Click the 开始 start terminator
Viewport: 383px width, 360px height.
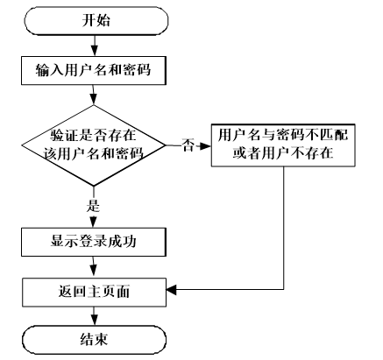[96, 21]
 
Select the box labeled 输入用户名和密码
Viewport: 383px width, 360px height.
[94, 71]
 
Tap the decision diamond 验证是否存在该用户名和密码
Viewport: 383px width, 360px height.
[94, 145]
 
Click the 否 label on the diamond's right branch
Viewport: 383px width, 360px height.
[188, 145]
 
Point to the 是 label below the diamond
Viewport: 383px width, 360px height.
[93, 206]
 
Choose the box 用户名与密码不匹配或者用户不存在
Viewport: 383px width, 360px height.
[283, 145]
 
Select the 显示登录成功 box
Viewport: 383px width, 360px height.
[94, 242]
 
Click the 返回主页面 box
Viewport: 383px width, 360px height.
[94, 293]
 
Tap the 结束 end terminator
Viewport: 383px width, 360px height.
[94, 340]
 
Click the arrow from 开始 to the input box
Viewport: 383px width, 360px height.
[94, 46]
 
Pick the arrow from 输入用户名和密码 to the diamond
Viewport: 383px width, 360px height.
[94, 95]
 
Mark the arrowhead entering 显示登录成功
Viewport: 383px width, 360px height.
[93, 222]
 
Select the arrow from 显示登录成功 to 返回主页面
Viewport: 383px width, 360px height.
[94, 267]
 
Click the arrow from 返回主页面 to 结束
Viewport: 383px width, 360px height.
[94, 316]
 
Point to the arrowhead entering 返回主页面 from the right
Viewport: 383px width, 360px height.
[172, 290]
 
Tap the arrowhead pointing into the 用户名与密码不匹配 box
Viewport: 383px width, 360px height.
[206, 146]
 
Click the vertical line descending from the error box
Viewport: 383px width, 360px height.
[284, 228]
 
